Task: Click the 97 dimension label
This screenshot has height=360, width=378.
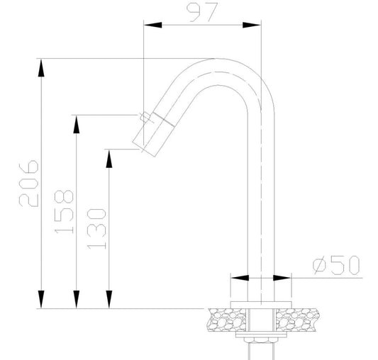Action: point(202,12)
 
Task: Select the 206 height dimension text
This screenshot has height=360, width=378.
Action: point(28,184)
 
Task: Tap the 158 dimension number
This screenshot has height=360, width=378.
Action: point(64,212)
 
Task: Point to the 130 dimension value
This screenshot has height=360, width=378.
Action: point(96,229)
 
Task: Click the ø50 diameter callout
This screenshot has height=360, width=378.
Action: point(336,265)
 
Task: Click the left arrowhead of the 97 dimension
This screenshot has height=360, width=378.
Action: point(153,25)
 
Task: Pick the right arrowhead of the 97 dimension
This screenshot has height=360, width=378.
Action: point(252,25)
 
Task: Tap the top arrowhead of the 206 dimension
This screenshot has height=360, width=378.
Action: point(41,68)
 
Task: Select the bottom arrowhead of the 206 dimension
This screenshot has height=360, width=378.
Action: point(41,299)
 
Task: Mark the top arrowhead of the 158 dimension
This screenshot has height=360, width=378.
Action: point(77,124)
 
